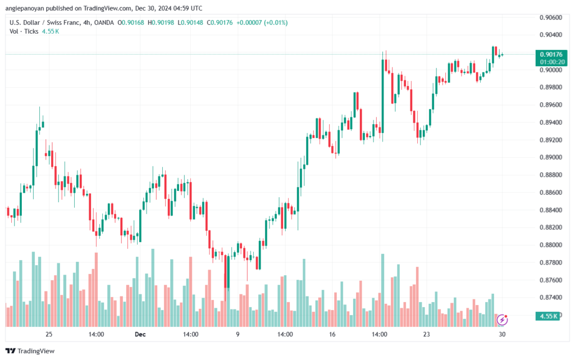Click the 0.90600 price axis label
pyautogui.click(x=551, y=17)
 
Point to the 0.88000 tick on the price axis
pyautogui.click(x=551, y=245)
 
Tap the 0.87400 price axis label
pyautogui.click(x=551, y=297)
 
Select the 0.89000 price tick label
pyautogui.click(x=551, y=157)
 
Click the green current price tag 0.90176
pyautogui.click(x=551, y=54)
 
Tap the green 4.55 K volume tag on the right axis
pyautogui.click(x=547, y=316)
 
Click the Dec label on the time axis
pyautogui.click(x=140, y=334)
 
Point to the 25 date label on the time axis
pyautogui.click(x=49, y=334)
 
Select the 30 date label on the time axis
pyautogui.click(x=502, y=334)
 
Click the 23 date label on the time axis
pyautogui.click(x=426, y=334)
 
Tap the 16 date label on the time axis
pyautogui.click(x=332, y=334)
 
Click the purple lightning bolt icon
pyautogui.click(x=502, y=320)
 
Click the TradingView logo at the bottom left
pyautogui.click(x=30, y=351)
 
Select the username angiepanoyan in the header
pyautogui.click(x=25, y=8)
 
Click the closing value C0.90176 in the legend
pyautogui.click(x=220, y=22)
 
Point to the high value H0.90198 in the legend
pyautogui.click(x=161, y=22)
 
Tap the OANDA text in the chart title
pyautogui.click(x=104, y=22)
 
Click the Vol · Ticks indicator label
pyautogui.click(x=24, y=31)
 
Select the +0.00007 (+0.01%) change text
pyautogui.click(x=262, y=22)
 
